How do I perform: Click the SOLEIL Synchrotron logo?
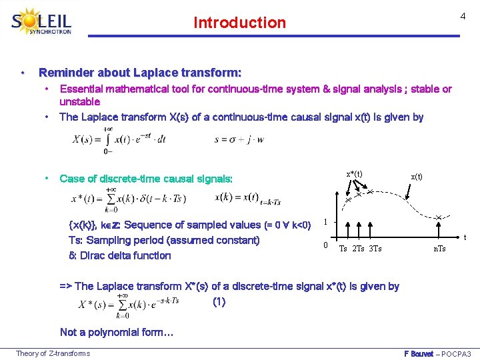pyautogui.click(x=41, y=23)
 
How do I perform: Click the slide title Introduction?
pyautogui.click(x=239, y=23)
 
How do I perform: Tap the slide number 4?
pyautogui.click(x=462, y=16)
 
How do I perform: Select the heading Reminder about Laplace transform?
pyautogui.click(x=140, y=72)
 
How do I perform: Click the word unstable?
pyautogui.click(x=79, y=102)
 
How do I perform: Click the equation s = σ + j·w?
pyautogui.click(x=239, y=139)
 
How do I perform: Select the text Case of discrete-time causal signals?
pyautogui.click(x=146, y=179)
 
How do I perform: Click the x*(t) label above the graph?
pyautogui.click(x=354, y=174)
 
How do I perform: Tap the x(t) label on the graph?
pyautogui.click(x=417, y=177)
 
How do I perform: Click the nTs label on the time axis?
pyautogui.click(x=440, y=249)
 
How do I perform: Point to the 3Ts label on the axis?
pyautogui.click(x=375, y=249)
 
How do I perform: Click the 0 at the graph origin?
pyautogui.click(x=325, y=245)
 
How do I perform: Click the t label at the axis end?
pyautogui.click(x=465, y=237)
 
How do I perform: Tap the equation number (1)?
pyautogui.click(x=219, y=301)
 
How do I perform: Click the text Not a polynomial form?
pyautogui.click(x=117, y=332)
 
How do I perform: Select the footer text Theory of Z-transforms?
pyautogui.click(x=53, y=353)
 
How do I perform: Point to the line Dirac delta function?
pyautogui.click(x=120, y=255)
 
